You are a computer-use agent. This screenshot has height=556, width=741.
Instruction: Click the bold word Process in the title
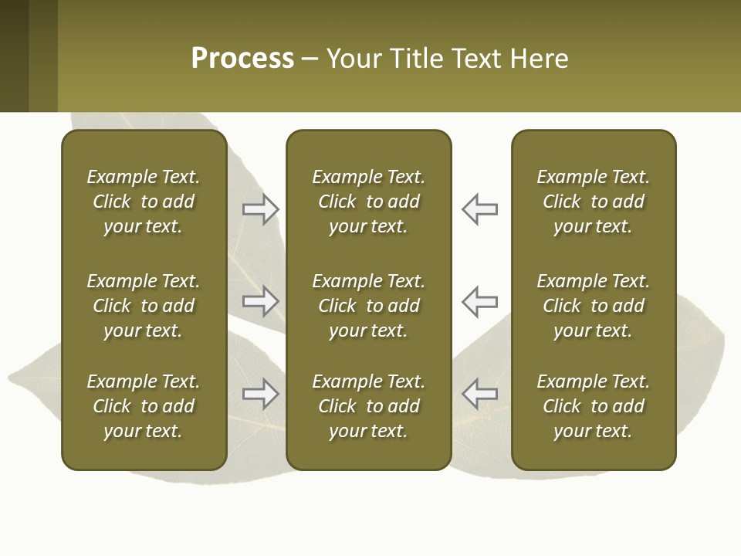coord(242,59)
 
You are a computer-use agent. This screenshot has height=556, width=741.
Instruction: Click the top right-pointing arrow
coord(260,209)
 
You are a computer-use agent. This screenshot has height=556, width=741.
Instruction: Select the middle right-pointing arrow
coord(260,301)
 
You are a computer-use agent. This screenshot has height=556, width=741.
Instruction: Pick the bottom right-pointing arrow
coord(260,394)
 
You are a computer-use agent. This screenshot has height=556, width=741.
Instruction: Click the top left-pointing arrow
coord(480,209)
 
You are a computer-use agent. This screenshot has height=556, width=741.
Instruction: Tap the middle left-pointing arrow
coord(480,301)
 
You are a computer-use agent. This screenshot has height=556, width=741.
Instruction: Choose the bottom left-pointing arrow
coord(480,394)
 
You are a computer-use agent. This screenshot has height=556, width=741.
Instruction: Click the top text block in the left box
coord(144,202)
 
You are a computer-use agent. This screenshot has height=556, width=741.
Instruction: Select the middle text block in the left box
coord(144,306)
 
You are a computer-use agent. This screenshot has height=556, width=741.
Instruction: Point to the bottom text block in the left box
coord(144,406)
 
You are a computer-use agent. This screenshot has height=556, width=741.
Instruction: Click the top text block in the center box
coord(369,202)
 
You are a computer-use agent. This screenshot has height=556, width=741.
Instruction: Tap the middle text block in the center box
coord(369,306)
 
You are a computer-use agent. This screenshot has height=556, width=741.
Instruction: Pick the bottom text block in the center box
coord(369,406)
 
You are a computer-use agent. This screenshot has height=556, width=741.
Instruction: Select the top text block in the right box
coord(594,202)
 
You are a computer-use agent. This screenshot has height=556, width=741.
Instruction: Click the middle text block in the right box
coord(594,306)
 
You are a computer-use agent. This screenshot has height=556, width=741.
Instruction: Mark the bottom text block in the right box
coord(594,406)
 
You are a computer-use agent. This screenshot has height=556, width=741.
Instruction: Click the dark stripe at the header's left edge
coord(14,56)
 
